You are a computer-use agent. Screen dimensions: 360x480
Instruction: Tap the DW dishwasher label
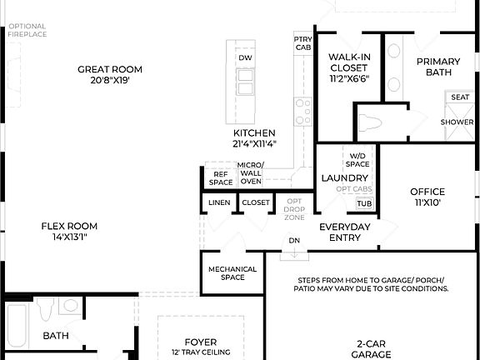click(245, 57)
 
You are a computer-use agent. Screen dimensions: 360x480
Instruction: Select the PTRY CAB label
click(302, 43)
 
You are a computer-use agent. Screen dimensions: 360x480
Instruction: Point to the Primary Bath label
click(438, 67)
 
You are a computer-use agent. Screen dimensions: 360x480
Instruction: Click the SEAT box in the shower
click(460, 97)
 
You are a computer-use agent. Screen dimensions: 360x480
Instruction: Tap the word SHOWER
click(457, 122)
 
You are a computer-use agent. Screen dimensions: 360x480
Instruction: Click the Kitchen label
click(254, 138)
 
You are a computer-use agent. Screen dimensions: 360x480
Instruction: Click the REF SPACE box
click(221, 177)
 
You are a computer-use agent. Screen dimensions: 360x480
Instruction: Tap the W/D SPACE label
click(357, 159)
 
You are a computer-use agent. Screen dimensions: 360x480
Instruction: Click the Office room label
click(427, 197)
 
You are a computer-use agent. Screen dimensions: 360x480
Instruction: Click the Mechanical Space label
click(227, 273)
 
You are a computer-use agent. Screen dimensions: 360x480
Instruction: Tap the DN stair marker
click(293, 241)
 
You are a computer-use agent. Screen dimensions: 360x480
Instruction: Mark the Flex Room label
click(70, 231)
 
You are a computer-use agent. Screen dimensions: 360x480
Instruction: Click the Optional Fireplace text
click(27, 32)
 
